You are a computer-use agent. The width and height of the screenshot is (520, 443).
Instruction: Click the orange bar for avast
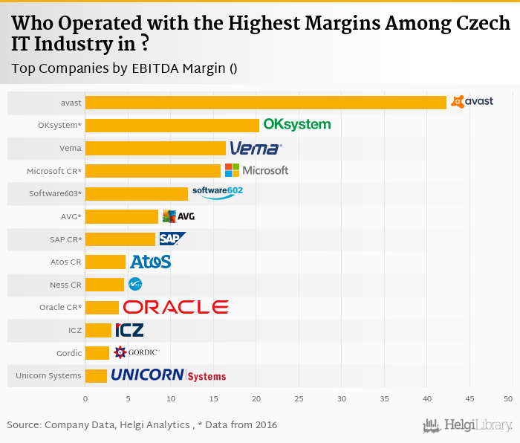point(266,103)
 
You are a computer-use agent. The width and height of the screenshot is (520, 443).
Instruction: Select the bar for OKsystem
point(172,126)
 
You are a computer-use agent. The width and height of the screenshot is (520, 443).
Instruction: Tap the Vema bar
point(155,148)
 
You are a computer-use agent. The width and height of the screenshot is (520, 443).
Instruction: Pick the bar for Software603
point(137,194)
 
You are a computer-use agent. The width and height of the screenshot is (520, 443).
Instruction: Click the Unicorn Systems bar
point(96,375)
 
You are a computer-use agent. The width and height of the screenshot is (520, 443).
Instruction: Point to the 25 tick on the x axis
point(299,399)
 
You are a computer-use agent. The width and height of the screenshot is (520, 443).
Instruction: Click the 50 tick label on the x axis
point(508,399)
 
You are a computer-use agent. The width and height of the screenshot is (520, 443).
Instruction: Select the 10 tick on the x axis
point(171,399)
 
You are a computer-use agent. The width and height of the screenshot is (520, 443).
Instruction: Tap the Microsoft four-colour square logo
point(233,170)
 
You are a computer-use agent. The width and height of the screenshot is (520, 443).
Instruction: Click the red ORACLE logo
point(176,307)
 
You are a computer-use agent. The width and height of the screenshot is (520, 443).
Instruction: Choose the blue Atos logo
point(151,262)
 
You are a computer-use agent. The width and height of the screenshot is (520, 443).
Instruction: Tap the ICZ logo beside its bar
point(129,329)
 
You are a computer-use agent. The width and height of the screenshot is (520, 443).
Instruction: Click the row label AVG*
point(71,216)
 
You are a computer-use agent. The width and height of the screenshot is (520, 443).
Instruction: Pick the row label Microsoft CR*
point(54,171)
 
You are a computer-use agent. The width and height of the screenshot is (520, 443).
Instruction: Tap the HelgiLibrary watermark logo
point(468,425)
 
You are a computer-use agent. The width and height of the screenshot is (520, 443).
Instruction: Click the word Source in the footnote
point(24,424)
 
